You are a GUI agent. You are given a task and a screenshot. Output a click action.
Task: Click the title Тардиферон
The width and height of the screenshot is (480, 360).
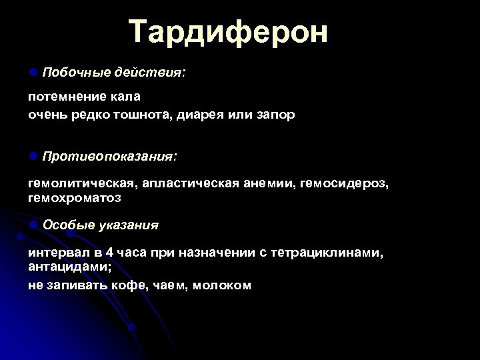(x=228, y=31)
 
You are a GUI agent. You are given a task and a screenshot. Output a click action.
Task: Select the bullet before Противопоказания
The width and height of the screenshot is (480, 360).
(x=33, y=156)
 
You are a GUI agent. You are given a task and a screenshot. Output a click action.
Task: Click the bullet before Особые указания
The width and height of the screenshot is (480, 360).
(x=33, y=225)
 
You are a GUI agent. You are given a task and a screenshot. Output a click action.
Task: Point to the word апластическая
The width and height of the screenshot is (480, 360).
(x=184, y=183)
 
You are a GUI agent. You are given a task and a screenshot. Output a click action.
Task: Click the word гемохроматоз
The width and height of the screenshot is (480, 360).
(x=75, y=198)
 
